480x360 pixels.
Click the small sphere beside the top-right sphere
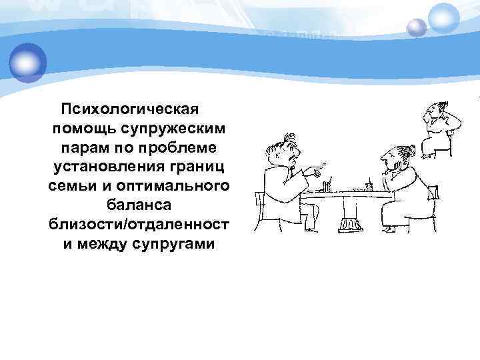click(x=417, y=27)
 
